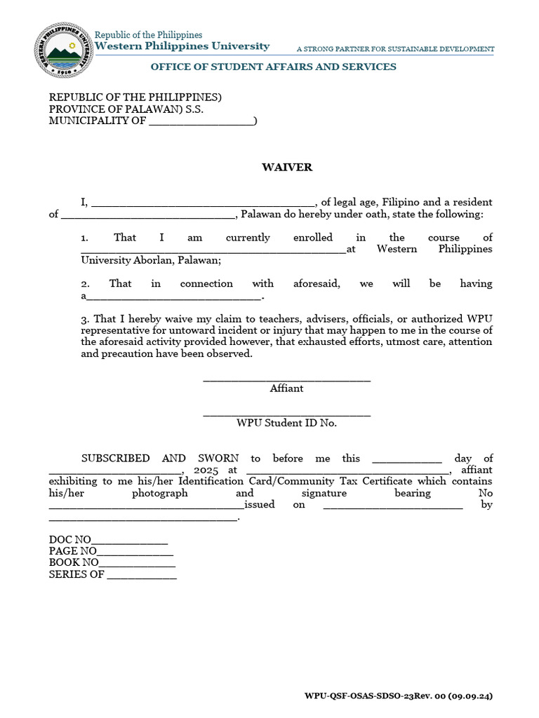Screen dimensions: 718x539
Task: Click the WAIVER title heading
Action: [x=286, y=168]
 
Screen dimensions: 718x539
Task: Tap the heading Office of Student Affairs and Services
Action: [x=273, y=67]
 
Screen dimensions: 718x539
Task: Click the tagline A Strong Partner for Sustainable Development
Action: [x=395, y=49]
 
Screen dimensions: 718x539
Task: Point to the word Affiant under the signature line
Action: [x=286, y=388]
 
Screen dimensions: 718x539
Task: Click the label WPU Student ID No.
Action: [x=286, y=423]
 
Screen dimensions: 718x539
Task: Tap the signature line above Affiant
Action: [x=286, y=379]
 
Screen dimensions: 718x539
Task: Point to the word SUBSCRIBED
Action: [x=115, y=459]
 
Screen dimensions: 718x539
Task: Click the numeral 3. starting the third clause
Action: [x=85, y=319]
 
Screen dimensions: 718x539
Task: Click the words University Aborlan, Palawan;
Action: [x=151, y=260]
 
